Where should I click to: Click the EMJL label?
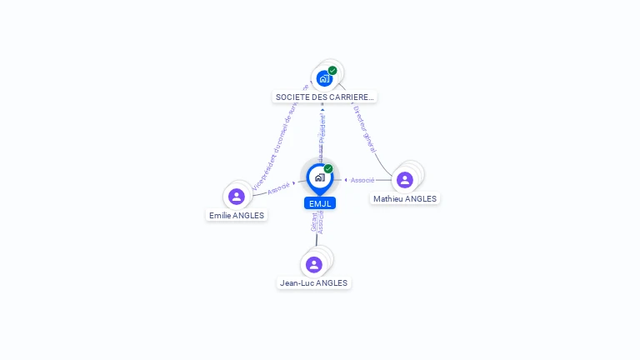pyautogui.click(x=320, y=203)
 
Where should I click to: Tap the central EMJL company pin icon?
pyautogui.click(x=319, y=177)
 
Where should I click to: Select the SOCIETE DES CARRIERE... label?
pyautogui.click(x=325, y=97)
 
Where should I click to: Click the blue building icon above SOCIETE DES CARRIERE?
pyautogui.click(x=324, y=78)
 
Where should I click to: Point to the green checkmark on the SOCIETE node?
pyautogui.click(x=332, y=71)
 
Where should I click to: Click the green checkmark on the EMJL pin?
pyautogui.click(x=328, y=169)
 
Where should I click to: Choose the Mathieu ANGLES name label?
pyautogui.click(x=405, y=199)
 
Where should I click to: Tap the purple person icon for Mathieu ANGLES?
pyautogui.click(x=405, y=180)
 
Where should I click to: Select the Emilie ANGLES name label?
pyautogui.click(x=237, y=215)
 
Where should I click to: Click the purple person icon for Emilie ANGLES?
pyautogui.click(x=237, y=197)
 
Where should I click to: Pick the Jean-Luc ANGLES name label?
pyautogui.click(x=313, y=283)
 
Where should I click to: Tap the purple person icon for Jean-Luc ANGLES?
pyautogui.click(x=314, y=264)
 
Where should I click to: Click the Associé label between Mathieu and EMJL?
pyautogui.click(x=362, y=180)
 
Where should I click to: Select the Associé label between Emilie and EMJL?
pyautogui.click(x=279, y=187)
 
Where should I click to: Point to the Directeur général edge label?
pyautogui.click(x=365, y=128)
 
